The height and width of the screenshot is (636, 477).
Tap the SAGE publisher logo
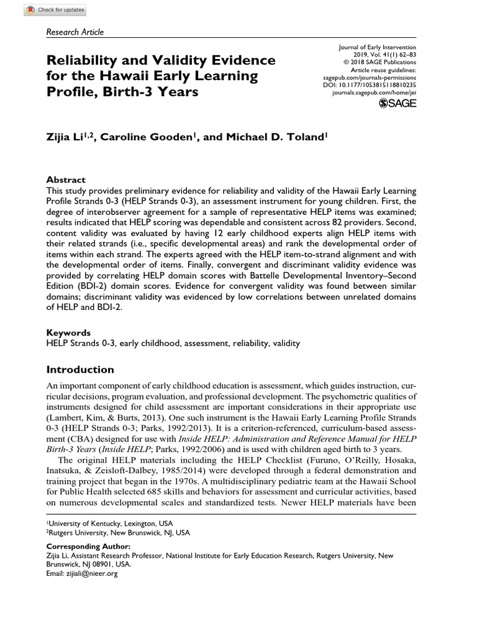(x=397, y=103)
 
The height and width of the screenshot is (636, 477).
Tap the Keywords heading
(x=68, y=332)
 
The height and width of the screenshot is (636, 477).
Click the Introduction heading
(x=81, y=370)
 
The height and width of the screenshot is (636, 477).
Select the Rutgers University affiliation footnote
(x=119, y=532)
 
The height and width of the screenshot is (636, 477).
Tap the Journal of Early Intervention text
(x=378, y=47)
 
